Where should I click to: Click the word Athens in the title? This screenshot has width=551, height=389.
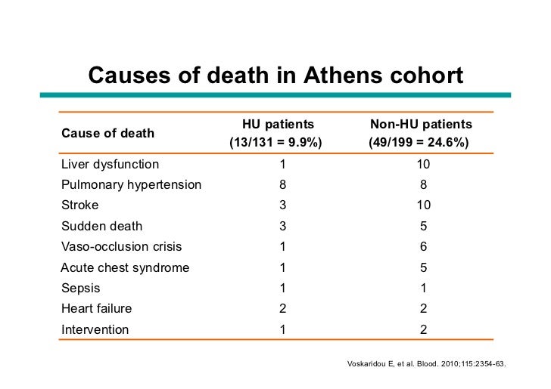point(340,76)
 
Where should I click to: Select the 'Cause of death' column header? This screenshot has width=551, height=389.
point(107,133)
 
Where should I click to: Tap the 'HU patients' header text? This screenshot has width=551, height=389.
point(278,125)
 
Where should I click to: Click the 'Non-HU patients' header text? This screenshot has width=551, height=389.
point(421,125)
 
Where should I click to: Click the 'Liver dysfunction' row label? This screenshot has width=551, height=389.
point(110,164)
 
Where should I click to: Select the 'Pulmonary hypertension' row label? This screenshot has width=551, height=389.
point(131,184)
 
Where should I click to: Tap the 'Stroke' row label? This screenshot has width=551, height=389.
point(79,205)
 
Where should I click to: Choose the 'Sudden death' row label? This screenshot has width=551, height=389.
point(101,226)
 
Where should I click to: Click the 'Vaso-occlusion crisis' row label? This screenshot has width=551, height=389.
point(121,246)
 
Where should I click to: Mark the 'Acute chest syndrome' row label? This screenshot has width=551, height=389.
point(125,267)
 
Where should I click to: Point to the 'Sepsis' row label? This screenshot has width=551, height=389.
point(80,288)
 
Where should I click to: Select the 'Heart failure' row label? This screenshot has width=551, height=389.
point(96,308)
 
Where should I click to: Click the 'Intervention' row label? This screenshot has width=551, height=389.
point(95,329)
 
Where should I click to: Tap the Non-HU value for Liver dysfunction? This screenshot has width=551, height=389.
point(423,164)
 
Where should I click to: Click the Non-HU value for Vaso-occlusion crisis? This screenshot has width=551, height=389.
point(423,246)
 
